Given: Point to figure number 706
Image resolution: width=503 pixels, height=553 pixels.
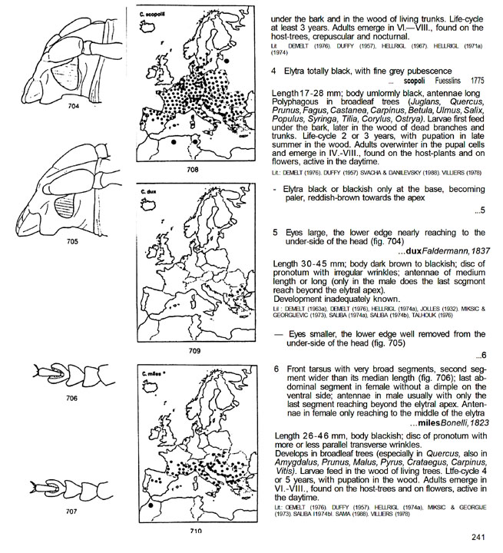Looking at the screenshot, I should pyautogui.click(x=72, y=399).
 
